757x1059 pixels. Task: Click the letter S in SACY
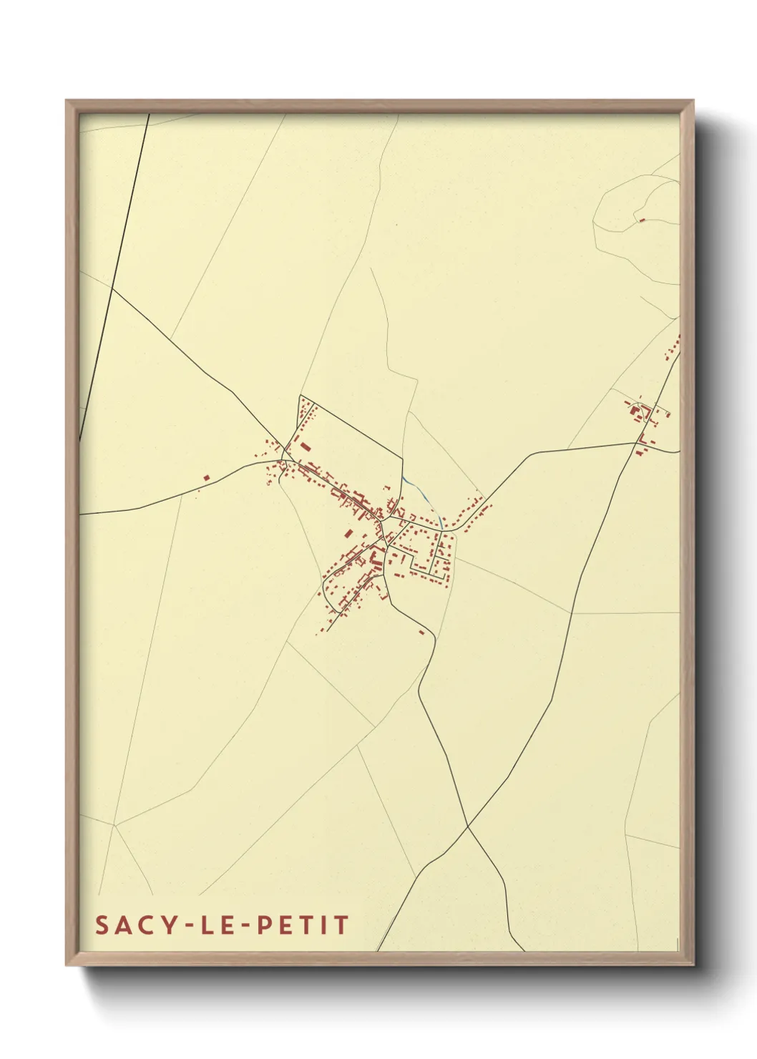[101, 925]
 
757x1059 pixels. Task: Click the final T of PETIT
[341, 925]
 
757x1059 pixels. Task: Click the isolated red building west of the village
[206, 477]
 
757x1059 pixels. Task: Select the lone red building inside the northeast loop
[642, 220]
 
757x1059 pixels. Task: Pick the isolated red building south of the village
[421, 632]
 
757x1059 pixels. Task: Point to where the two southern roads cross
[467, 827]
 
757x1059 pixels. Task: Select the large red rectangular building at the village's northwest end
[306, 447]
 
